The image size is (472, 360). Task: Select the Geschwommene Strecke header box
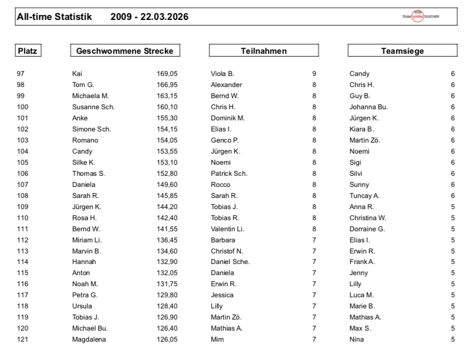click(x=125, y=51)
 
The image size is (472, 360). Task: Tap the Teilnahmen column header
click(x=263, y=51)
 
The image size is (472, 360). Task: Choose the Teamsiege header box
click(x=402, y=51)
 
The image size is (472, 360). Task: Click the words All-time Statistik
click(x=55, y=17)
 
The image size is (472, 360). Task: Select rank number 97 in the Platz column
click(x=21, y=74)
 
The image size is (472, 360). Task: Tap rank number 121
click(x=23, y=339)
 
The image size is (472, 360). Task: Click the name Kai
click(x=77, y=74)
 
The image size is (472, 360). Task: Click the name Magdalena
click(x=89, y=339)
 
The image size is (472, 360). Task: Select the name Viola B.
click(x=222, y=74)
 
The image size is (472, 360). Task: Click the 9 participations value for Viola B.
click(x=314, y=74)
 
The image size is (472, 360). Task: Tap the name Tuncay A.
click(x=364, y=196)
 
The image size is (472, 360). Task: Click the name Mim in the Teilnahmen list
click(x=217, y=339)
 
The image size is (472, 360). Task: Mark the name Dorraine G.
click(x=367, y=229)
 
